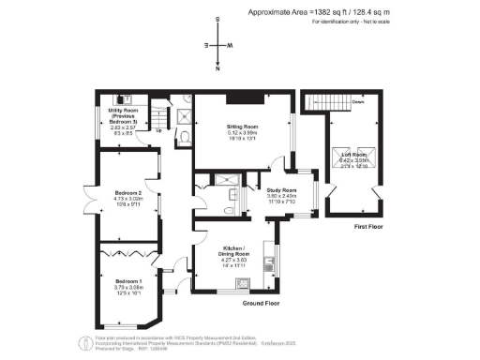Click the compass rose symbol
(x=217, y=44)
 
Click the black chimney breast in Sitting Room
(x=246, y=98)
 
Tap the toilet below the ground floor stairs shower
(x=186, y=138)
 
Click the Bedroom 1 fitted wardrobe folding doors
(x=128, y=250)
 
